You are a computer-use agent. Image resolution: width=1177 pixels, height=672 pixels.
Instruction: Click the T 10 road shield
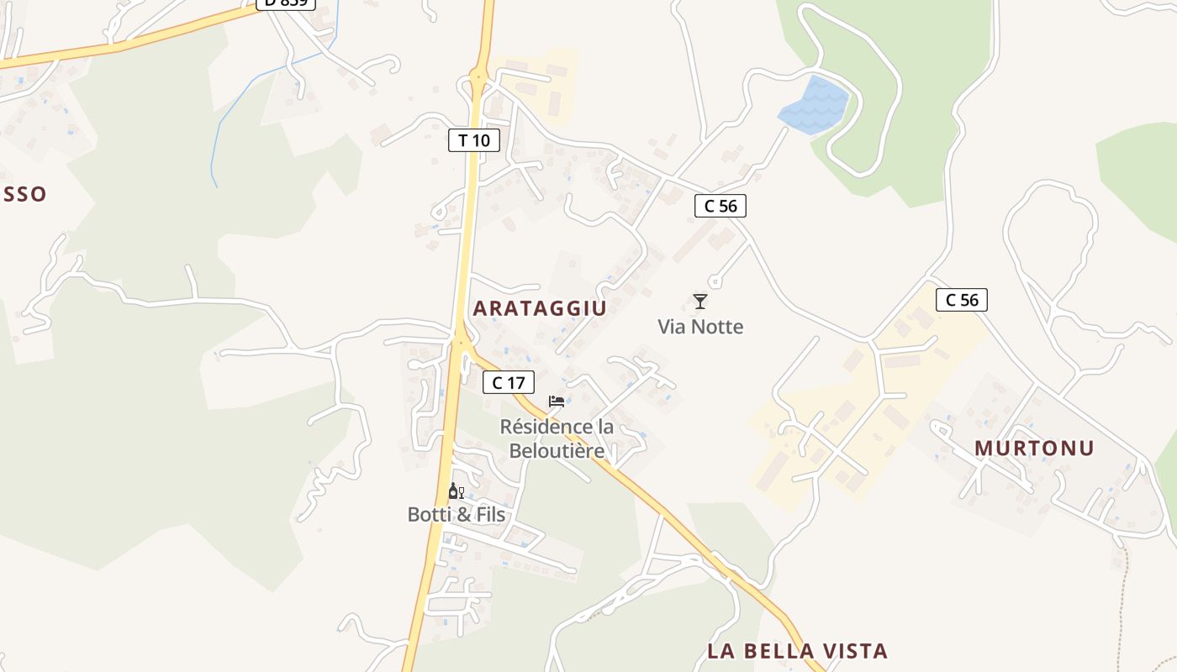pyautogui.click(x=474, y=140)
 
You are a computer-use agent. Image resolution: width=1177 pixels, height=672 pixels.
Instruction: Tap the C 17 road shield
pyautogui.click(x=509, y=383)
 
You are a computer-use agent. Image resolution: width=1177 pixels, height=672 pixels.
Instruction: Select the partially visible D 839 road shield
pyautogui.click(x=286, y=3)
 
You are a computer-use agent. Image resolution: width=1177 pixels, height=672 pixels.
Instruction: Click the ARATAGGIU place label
pyautogui.click(x=539, y=308)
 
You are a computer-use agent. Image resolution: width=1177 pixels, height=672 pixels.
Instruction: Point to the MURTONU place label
pyautogui.click(x=1034, y=449)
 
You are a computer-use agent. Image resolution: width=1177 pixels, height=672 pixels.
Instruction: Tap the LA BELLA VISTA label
pyautogui.click(x=797, y=651)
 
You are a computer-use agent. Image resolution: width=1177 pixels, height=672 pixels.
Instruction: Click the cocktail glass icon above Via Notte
pyautogui.click(x=700, y=301)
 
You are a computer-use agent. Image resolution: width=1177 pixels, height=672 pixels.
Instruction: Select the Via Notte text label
pyautogui.click(x=700, y=327)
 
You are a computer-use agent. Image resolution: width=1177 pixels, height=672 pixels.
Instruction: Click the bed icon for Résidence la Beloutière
pyautogui.click(x=556, y=402)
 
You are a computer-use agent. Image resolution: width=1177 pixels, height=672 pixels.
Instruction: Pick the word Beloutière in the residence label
pyautogui.click(x=557, y=451)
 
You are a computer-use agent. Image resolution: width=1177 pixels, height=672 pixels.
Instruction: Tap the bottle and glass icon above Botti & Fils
pyautogui.click(x=456, y=491)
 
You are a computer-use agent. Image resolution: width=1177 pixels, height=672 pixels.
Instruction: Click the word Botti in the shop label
pyautogui.click(x=430, y=514)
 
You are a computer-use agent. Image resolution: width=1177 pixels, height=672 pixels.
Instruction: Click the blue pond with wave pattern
pyautogui.click(x=814, y=106)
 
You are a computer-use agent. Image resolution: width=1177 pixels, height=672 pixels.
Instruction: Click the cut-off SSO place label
pyautogui.click(x=23, y=195)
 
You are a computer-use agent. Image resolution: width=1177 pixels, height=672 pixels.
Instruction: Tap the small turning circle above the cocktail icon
pyautogui.click(x=715, y=282)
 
